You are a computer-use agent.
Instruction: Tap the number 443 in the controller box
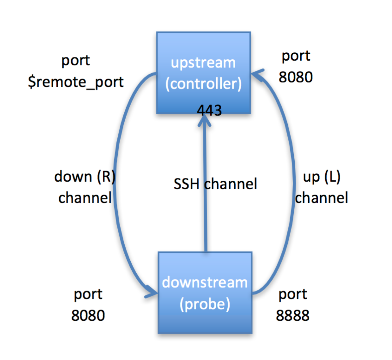click(209, 110)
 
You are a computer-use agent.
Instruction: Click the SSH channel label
click(215, 184)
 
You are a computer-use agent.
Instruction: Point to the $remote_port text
click(75, 82)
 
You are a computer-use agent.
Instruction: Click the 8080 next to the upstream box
click(296, 77)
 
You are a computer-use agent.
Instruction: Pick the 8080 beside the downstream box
click(88, 316)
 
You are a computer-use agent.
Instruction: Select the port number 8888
click(292, 316)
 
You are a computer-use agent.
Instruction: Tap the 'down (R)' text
click(85, 177)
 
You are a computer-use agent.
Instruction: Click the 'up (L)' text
click(322, 177)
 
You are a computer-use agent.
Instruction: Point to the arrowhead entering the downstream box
click(152, 293)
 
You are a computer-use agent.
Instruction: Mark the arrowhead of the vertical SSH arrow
click(205, 121)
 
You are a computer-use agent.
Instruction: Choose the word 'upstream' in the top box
click(203, 63)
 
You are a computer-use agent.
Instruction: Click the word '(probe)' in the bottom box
click(205, 304)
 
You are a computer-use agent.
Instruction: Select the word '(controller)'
click(203, 84)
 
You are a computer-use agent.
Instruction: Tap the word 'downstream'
click(205, 283)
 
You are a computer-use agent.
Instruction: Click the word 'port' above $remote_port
click(75, 60)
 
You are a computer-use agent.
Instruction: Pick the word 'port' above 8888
click(292, 294)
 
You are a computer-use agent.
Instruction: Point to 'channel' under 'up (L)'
click(322, 198)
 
